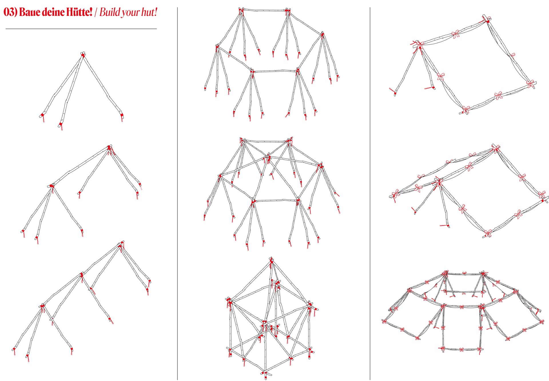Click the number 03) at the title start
pyautogui.click(x=11, y=12)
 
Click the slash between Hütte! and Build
pyautogui.click(x=96, y=12)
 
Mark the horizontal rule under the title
pyautogui.click(x=81, y=29)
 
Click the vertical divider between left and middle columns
pyautogui.click(x=177, y=194)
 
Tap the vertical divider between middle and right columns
pyautogui.click(x=370, y=194)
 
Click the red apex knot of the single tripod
pyautogui.click(x=83, y=55)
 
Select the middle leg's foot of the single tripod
pyautogui.click(x=60, y=125)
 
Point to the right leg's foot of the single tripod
pyautogui.click(x=122, y=116)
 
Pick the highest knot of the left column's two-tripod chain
pyautogui.click(x=109, y=148)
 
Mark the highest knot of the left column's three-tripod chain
pyautogui.click(x=120, y=245)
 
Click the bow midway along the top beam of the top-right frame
pyautogui.click(x=455, y=34)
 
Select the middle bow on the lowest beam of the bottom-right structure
pyautogui.click(x=461, y=350)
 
